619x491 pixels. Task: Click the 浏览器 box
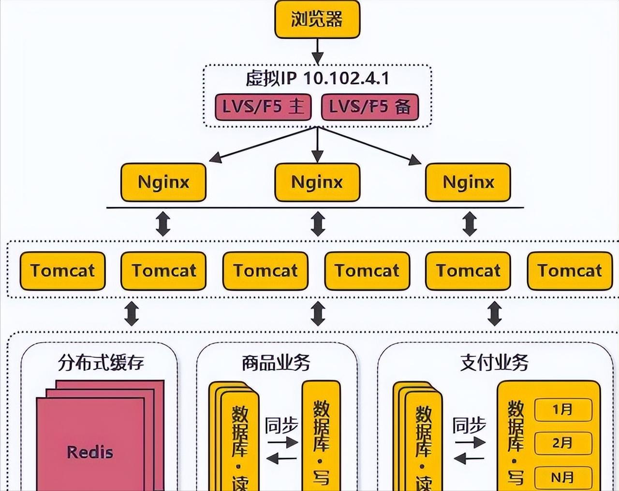pyautogui.click(x=317, y=20)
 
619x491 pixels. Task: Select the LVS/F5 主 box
pyautogui.click(x=263, y=107)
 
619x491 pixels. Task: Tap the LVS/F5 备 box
pyautogui.click(x=369, y=107)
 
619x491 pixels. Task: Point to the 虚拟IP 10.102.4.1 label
pyautogui.click(x=317, y=78)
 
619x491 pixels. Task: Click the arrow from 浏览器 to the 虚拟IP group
pyautogui.click(x=317, y=51)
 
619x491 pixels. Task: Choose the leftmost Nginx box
pyautogui.click(x=163, y=182)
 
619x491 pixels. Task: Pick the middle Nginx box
pyautogui.click(x=317, y=182)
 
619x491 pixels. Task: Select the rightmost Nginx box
pyautogui.click(x=468, y=182)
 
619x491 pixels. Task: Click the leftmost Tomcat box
pyautogui.click(x=62, y=270)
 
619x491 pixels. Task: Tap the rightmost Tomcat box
pyautogui.click(x=570, y=270)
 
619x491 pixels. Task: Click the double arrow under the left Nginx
pyautogui.click(x=163, y=224)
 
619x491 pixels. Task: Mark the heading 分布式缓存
pyautogui.click(x=101, y=362)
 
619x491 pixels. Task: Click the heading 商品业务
pyautogui.click(x=276, y=362)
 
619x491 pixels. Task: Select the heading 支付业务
pyautogui.click(x=494, y=362)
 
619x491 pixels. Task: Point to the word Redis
pyautogui.click(x=90, y=452)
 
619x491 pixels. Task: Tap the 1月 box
pyautogui.click(x=563, y=410)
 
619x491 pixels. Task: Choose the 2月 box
pyautogui.click(x=563, y=443)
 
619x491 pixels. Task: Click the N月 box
pyautogui.click(x=563, y=477)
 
